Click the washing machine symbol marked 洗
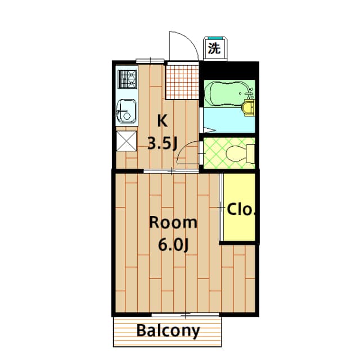click(215, 49)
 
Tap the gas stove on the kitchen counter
click(127, 79)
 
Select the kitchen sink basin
click(126, 111)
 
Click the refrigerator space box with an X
click(126, 141)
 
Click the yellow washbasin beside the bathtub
click(249, 107)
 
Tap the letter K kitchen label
click(162, 121)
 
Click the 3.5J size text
click(163, 144)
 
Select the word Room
click(173, 222)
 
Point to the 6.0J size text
click(173, 245)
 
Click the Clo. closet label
click(241, 209)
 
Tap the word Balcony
click(168, 331)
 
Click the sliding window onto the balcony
click(185, 315)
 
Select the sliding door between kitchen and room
click(171, 171)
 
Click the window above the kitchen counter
click(150, 61)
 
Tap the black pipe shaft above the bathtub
click(229, 70)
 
